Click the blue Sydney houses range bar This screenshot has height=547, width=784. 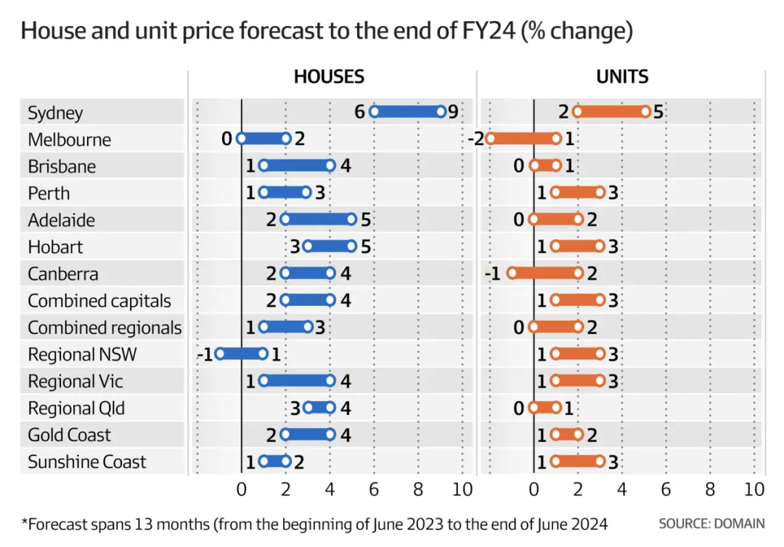pos(407,111)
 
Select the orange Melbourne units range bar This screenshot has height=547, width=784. pos(523,138)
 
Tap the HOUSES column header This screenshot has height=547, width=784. pos(329,77)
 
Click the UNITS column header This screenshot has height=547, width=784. pos(622,77)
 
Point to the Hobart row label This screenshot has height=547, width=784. pos(55,247)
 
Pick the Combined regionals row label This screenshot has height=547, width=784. pos(105,328)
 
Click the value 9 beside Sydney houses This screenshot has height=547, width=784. pos(453,112)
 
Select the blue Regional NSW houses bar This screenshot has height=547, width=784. pos(241,354)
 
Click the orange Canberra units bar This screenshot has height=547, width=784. pos(545,273)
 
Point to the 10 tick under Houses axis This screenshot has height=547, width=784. pos(462,490)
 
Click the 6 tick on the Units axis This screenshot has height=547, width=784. pos(666,490)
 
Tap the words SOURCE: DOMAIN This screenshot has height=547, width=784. pos(711,523)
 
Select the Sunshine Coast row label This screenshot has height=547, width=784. pos(86,462)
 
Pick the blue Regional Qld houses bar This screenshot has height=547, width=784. pos(319,408)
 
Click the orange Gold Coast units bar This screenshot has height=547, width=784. pos(567,434)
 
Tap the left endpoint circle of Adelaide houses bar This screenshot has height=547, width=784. pos(285,219)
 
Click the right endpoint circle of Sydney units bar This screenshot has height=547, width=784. pos(645,111)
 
